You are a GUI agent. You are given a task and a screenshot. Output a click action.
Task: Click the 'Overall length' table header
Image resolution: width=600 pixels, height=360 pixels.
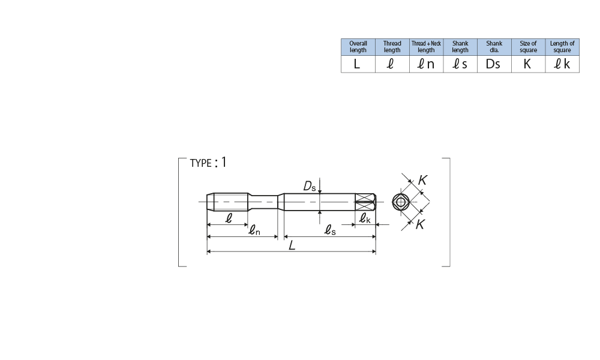click(358, 47)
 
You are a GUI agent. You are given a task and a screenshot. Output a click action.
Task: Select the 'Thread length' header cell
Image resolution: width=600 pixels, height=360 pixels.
click(392, 47)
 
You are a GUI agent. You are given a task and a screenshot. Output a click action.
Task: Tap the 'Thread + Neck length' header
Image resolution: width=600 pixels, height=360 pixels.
click(426, 47)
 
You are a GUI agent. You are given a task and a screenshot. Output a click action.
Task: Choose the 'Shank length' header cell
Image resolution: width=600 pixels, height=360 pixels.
click(460, 47)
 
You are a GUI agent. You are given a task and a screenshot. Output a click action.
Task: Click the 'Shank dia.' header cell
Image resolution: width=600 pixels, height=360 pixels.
click(494, 47)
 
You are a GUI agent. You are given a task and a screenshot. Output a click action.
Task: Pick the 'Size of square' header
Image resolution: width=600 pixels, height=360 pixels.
click(528, 47)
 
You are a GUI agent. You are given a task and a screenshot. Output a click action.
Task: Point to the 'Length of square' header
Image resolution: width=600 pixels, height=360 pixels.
click(562, 47)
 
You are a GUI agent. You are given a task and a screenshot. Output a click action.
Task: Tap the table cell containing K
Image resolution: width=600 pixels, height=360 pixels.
click(527, 64)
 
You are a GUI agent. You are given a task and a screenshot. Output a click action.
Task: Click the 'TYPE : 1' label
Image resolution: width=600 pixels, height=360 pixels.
click(208, 163)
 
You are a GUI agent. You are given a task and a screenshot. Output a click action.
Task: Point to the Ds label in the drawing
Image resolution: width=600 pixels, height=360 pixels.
click(310, 187)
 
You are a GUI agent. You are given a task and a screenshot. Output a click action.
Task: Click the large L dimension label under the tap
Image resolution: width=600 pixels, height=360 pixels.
click(292, 245)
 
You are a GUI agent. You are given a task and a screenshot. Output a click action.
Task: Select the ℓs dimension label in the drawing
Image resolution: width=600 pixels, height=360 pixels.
click(329, 230)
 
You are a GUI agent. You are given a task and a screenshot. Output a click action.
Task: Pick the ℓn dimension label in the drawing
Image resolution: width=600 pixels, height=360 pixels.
click(254, 230)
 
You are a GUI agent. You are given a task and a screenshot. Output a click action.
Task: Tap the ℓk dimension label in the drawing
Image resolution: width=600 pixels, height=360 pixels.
click(365, 220)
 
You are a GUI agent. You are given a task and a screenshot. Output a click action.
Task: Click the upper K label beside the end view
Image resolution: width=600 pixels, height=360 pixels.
click(422, 179)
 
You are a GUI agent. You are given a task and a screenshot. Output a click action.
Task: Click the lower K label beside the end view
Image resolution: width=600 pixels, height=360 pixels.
click(421, 224)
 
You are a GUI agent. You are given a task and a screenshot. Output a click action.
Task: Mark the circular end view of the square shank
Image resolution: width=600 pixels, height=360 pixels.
click(401, 202)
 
